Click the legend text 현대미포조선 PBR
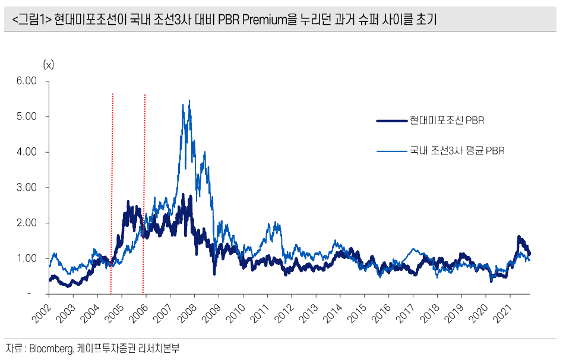pos(447,121)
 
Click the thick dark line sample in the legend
pos(391,121)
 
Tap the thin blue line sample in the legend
pos(391,151)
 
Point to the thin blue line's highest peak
pos(189,101)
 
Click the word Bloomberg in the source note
pos(50,349)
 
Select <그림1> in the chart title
pos(31,20)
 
